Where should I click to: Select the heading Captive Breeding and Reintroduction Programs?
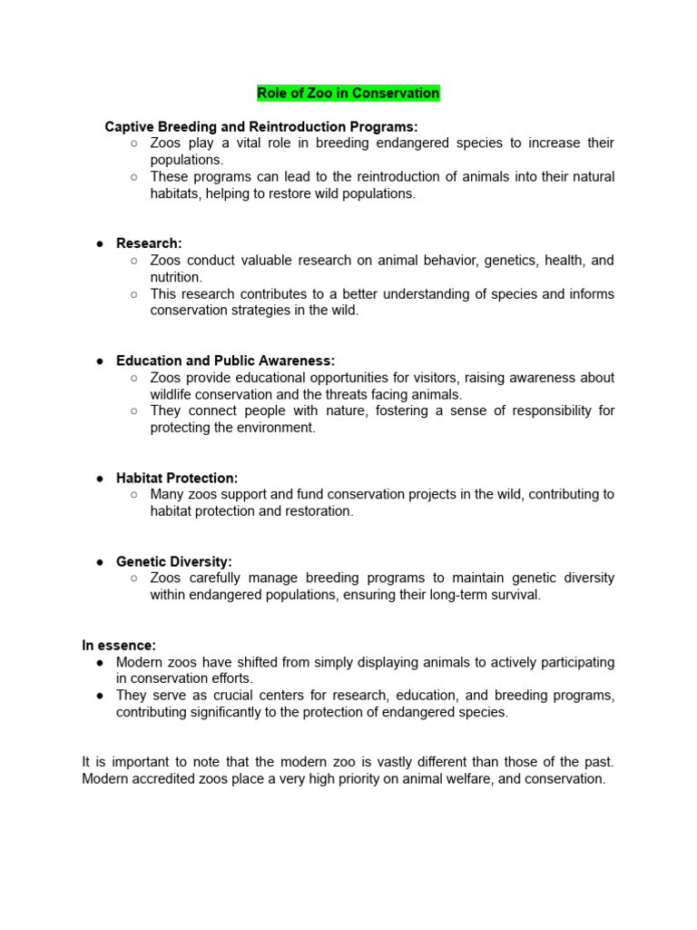[261, 126]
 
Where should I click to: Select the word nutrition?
[176, 277]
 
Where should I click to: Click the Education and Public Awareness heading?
[225, 361]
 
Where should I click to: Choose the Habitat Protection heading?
[177, 478]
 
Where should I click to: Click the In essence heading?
[119, 645]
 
